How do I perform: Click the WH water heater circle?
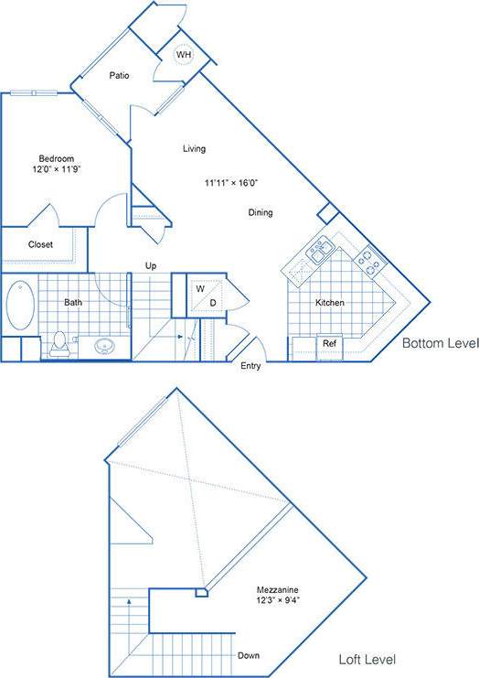tap(184, 55)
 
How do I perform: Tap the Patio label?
tap(118, 76)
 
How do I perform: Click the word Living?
tap(194, 148)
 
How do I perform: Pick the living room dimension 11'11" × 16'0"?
tap(230, 183)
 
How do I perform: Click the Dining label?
tap(261, 213)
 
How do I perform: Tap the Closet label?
tap(40, 244)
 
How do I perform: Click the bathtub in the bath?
tap(19, 306)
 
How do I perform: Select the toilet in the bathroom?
tap(60, 342)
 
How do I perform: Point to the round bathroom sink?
tap(103, 347)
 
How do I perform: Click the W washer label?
tap(198, 288)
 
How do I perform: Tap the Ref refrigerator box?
tap(329, 344)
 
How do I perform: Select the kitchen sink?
tap(320, 250)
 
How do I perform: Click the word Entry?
tap(250, 366)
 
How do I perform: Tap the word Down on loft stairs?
tap(249, 655)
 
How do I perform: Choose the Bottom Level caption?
tap(441, 344)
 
